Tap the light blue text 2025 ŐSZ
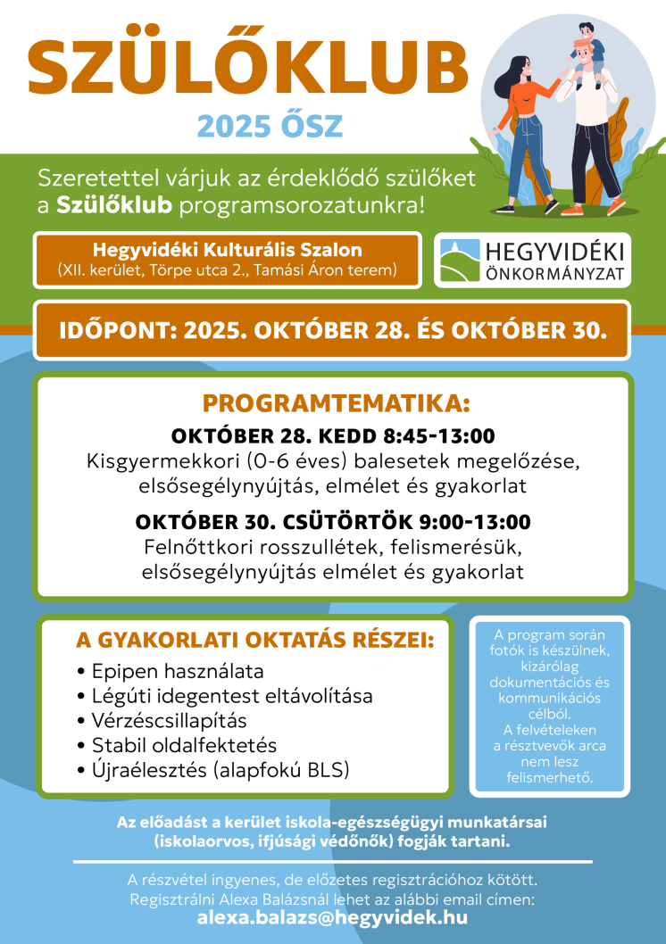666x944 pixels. pyautogui.click(x=269, y=126)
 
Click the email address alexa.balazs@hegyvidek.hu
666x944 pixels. pyautogui.click(x=332, y=917)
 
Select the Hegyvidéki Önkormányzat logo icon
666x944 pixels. pyautogui.click(x=462, y=260)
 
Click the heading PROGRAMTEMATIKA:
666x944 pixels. pyautogui.click(x=335, y=403)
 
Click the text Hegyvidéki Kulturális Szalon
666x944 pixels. pyautogui.click(x=228, y=250)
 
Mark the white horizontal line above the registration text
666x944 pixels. pyautogui.click(x=332, y=862)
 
